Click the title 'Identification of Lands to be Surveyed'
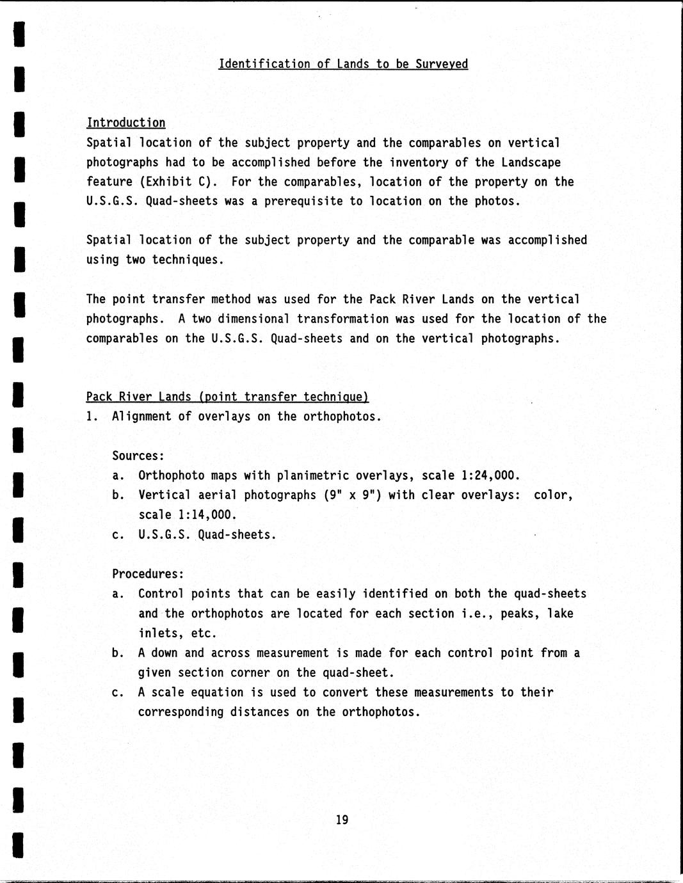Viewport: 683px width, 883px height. click(x=343, y=64)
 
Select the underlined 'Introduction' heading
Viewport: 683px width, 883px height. click(x=126, y=123)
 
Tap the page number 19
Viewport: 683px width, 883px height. click(x=342, y=820)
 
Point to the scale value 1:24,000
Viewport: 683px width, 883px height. click(x=490, y=475)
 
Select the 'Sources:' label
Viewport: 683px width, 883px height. click(x=138, y=456)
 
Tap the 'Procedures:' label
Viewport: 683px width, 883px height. click(x=148, y=574)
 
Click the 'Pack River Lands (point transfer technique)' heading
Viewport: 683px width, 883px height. click(x=228, y=397)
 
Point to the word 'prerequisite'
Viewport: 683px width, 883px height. click(x=303, y=202)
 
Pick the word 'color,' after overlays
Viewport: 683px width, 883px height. click(x=553, y=495)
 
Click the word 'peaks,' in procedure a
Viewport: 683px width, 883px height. click(x=520, y=614)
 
